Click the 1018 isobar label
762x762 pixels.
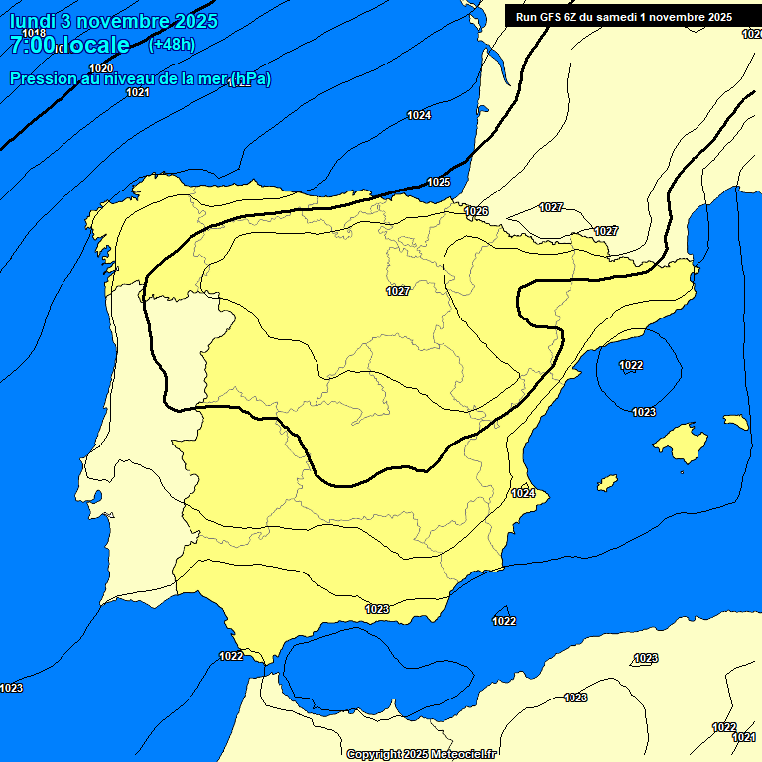point(34,34)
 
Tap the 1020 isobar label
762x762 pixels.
point(101,68)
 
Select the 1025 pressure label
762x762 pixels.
point(439,182)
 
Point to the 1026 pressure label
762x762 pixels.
point(477,211)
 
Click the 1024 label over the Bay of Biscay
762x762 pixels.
point(419,116)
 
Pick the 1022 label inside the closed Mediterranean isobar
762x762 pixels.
point(631,365)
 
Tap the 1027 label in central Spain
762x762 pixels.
point(398,291)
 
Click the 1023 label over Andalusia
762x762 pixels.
point(377,609)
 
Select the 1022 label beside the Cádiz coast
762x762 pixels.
point(231,656)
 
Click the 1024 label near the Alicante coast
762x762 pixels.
point(523,493)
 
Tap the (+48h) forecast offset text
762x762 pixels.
point(172,44)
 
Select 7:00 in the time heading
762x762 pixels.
point(32,45)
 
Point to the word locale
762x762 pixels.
point(96,45)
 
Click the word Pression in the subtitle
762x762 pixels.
point(44,78)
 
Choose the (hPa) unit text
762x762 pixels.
point(250,78)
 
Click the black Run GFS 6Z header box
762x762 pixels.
point(623,17)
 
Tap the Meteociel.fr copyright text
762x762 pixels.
point(421,754)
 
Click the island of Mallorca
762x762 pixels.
point(684,441)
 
